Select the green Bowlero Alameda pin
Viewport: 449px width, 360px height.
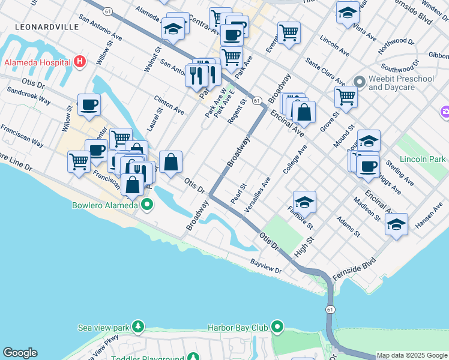point(146,205)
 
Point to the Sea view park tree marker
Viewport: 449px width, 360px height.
point(139,328)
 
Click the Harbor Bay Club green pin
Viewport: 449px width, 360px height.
point(277,328)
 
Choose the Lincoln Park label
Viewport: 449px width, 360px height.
point(425,160)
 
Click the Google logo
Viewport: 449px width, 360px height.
point(19,353)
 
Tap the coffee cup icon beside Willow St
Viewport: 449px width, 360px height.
point(89,104)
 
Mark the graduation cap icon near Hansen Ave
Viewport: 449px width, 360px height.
point(396,224)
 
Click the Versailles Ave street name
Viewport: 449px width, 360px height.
point(258,195)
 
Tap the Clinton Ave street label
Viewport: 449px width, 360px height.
point(169,104)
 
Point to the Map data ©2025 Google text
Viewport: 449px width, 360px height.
point(412,355)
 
